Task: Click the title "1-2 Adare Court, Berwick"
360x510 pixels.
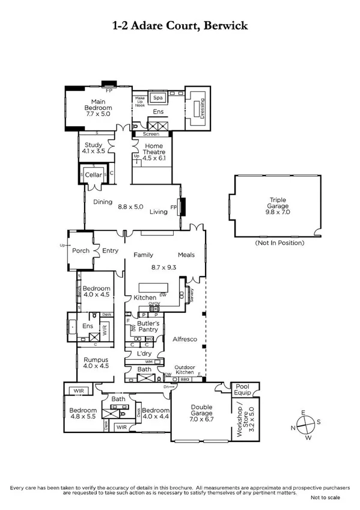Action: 180,26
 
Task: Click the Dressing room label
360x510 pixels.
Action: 202,108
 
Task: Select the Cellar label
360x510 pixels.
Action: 93,175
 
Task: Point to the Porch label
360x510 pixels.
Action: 81,251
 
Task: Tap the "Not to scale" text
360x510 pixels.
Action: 325,498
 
